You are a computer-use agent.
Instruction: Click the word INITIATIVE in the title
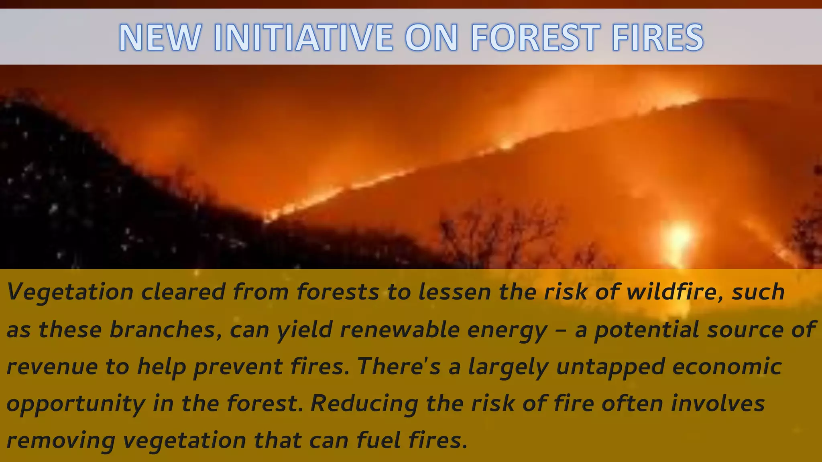coord(303,37)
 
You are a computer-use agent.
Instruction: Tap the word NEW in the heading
coord(160,37)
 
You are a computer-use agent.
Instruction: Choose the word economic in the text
coord(727,366)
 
